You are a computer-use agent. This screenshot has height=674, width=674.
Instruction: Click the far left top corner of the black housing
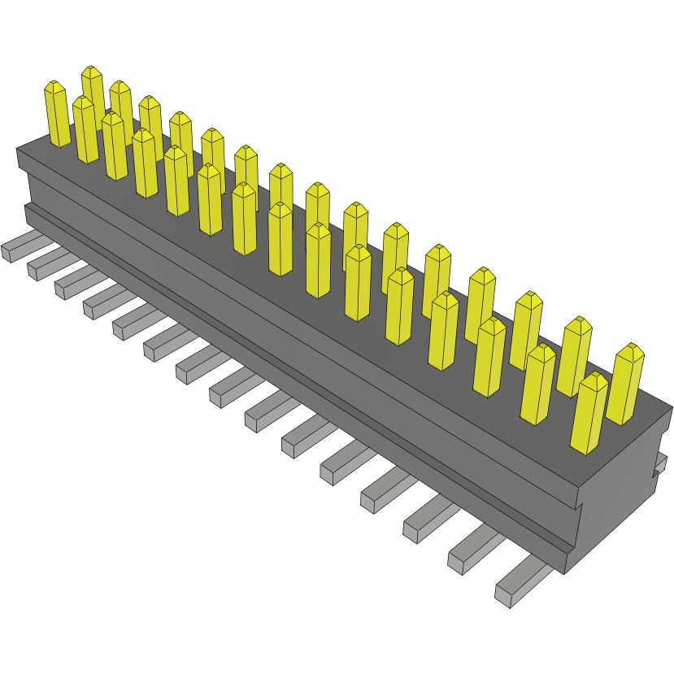pos(18,150)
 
